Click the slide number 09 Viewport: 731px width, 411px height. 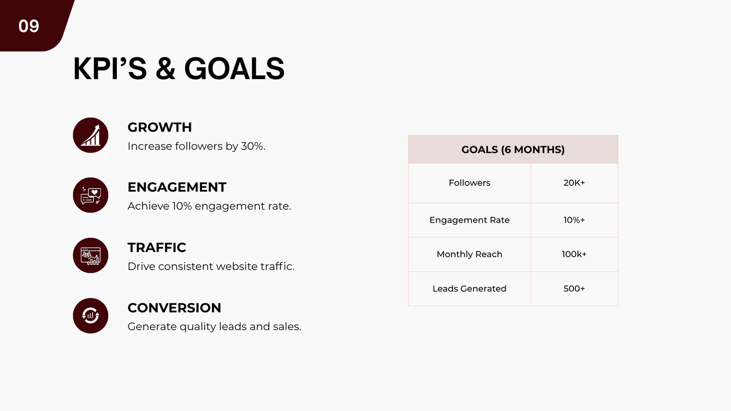(x=29, y=26)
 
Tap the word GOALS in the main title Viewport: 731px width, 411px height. (x=234, y=68)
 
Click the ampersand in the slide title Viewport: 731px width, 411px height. (x=165, y=68)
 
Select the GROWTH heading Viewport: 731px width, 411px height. (x=159, y=127)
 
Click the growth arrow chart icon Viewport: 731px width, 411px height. (x=90, y=135)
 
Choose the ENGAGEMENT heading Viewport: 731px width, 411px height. (x=177, y=187)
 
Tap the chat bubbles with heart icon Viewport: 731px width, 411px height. (x=90, y=195)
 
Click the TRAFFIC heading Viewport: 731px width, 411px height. (x=157, y=248)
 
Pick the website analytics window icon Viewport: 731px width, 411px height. (x=90, y=255)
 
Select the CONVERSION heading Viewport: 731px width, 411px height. (x=174, y=308)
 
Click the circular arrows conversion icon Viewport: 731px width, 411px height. (x=90, y=316)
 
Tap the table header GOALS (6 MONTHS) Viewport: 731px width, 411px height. (x=513, y=150)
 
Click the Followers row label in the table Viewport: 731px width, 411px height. (x=470, y=183)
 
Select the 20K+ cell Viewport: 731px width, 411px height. (x=574, y=183)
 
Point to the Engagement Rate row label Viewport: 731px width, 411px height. (x=470, y=220)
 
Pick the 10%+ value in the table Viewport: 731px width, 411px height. (x=574, y=220)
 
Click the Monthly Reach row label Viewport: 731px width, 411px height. (x=470, y=254)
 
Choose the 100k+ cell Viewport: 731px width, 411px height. (x=574, y=254)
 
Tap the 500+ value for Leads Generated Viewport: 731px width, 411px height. (x=574, y=289)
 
